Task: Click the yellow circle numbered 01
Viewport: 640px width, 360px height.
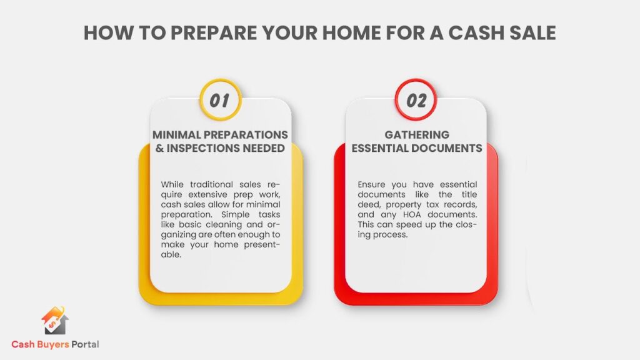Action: (221, 99)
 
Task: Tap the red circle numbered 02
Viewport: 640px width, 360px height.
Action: (416, 99)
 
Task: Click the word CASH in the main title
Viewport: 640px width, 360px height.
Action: (476, 33)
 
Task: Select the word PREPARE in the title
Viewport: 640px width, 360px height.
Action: (214, 33)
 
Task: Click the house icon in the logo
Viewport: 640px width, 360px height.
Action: (55, 321)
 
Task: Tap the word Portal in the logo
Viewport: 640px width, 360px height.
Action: (85, 344)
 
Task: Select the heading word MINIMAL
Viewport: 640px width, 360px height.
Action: (177, 135)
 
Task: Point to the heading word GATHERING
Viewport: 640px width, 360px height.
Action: (417, 135)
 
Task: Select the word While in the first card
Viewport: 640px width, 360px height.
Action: (172, 184)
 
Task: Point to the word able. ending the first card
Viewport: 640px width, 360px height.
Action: (171, 255)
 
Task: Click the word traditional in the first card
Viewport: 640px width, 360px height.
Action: (211, 184)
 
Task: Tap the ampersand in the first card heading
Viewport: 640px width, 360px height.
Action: (159, 148)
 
